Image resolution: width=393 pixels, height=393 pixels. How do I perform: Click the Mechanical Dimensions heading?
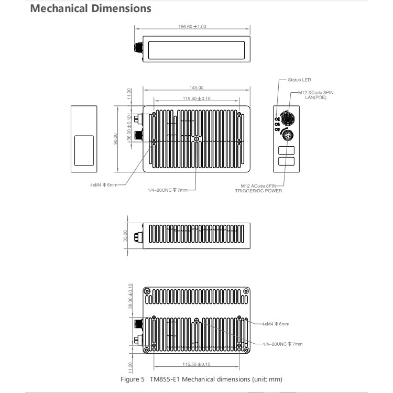(91, 8)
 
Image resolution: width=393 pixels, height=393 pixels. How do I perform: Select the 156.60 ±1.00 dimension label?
(192, 27)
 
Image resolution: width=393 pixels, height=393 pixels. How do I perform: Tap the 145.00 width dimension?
(196, 88)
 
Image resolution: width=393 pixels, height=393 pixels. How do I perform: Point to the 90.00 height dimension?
(115, 139)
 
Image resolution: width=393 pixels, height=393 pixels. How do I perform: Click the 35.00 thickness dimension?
(125, 236)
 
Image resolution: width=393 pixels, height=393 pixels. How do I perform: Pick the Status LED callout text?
(299, 80)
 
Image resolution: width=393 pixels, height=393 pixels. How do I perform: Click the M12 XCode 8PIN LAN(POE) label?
(316, 95)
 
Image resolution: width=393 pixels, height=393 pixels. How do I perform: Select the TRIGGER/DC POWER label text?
(258, 191)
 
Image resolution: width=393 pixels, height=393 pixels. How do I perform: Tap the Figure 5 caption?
(201, 379)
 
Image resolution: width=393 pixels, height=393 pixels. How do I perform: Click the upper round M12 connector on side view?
(288, 119)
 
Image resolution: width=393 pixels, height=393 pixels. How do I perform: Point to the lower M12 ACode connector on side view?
(288, 135)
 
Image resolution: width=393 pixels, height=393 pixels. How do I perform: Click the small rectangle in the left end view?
(84, 150)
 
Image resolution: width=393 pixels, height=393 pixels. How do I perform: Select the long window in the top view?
(196, 50)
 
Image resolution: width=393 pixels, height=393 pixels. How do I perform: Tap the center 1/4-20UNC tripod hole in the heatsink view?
(196, 139)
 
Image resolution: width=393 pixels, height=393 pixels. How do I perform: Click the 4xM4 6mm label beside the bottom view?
(276, 324)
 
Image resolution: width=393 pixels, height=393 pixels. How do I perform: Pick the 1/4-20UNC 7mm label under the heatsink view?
(168, 190)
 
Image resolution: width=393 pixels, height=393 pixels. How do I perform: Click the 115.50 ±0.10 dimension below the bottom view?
(196, 364)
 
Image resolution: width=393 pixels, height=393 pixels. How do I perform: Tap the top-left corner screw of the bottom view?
(147, 291)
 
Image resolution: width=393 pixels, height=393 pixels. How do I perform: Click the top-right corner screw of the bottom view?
(246, 291)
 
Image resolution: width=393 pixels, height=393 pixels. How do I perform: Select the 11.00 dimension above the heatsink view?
(129, 94)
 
